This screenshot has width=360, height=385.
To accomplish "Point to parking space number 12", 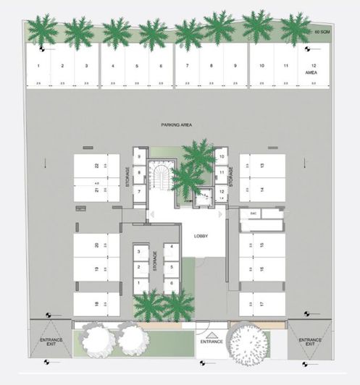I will pos(312,66).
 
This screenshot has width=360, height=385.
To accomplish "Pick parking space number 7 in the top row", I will pos(187,66).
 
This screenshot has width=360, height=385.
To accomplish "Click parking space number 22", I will pos(96,166).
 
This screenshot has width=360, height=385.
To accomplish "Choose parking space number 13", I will pos(261,166).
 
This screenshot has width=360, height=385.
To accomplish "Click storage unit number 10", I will pos(221,156).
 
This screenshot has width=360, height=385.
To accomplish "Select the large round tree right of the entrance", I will pos(253,344).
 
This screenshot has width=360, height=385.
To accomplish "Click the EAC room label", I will pos(254,213).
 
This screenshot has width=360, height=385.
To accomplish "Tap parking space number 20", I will pos(96,246).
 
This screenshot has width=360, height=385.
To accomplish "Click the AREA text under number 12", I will pos(312,73).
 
